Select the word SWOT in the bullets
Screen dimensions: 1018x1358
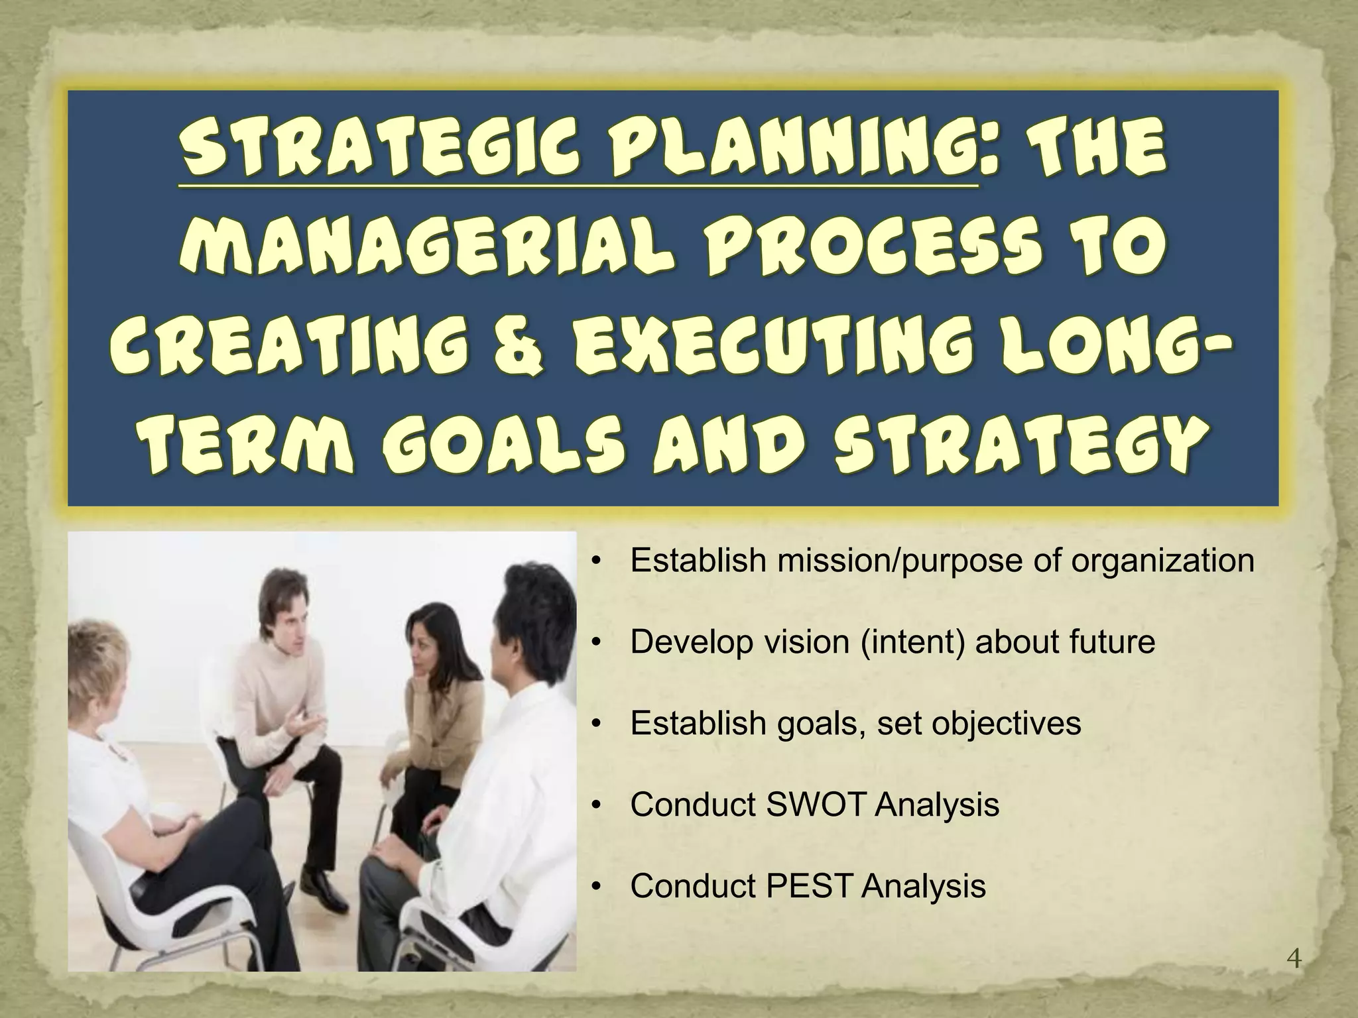coord(816,805)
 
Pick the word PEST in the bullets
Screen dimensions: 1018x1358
coord(809,885)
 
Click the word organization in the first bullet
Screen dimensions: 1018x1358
coord(1163,560)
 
